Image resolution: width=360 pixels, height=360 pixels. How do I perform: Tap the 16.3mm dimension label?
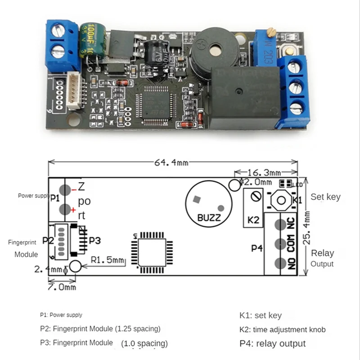[265, 172]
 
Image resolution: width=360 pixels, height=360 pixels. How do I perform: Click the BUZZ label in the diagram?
[209, 218]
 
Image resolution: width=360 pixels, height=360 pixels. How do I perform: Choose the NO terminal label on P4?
[291, 264]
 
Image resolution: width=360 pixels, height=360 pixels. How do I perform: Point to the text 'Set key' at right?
[325, 197]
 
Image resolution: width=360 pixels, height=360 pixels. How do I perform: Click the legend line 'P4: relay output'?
[272, 344]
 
